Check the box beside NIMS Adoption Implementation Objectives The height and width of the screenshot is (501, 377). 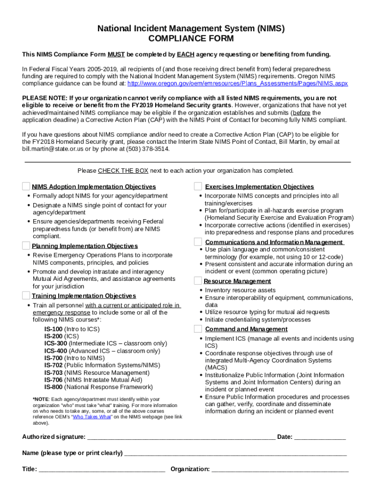click(26, 186)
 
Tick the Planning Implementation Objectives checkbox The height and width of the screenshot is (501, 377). click(26, 245)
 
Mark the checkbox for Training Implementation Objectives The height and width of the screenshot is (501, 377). click(26, 295)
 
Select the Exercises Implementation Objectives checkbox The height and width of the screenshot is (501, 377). click(198, 186)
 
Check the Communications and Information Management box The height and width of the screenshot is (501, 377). click(198, 242)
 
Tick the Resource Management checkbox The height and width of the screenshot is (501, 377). click(198, 280)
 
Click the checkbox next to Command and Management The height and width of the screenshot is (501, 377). click(198, 328)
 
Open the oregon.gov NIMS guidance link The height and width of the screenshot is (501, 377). click(237, 83)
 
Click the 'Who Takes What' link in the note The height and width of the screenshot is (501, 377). click(92, 417)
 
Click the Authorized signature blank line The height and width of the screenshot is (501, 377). click(180, 437)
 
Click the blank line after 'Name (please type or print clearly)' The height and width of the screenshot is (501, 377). click(235, 453)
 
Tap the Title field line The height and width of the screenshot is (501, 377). click(101, 469)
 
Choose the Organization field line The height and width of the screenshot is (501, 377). click(280, 469)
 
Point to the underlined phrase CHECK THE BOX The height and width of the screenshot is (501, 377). click(123, 171)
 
